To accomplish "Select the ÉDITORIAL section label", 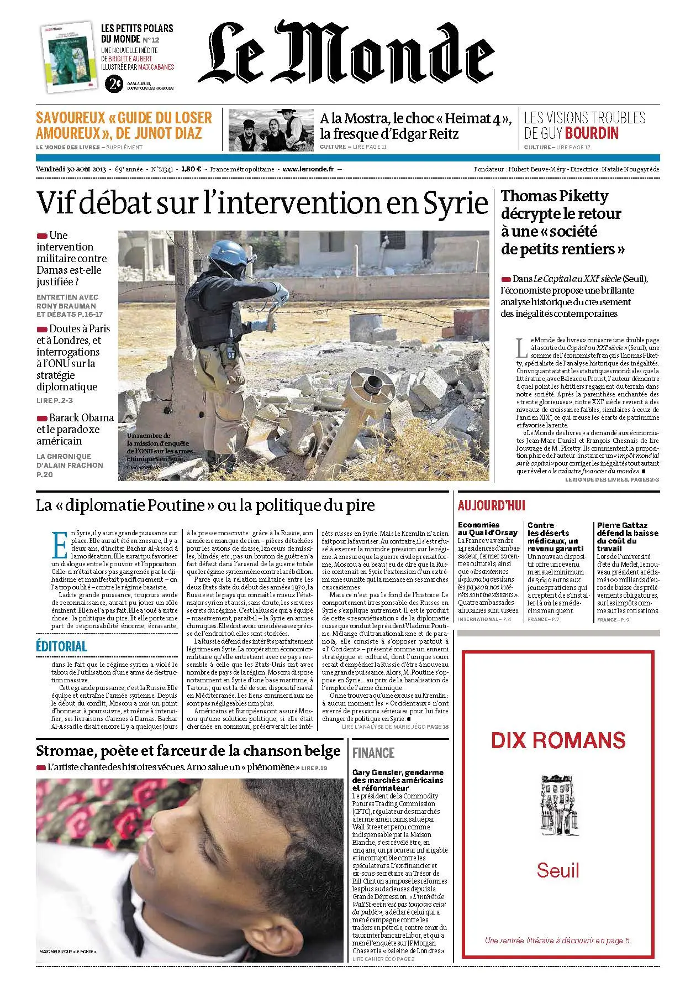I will [61, 646].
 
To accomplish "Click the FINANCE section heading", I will [373, 753].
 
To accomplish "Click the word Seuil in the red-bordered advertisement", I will [558, 871].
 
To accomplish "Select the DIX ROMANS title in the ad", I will [558, 740].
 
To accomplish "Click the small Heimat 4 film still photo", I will [271, 129].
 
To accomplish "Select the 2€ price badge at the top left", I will [114, 84].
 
